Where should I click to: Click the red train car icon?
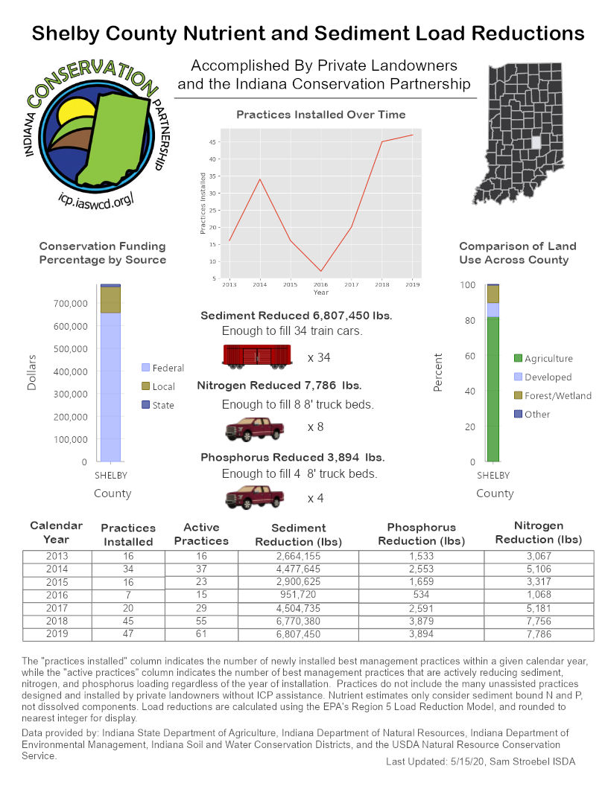coord(256,357)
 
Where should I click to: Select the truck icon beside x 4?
coord(255,496)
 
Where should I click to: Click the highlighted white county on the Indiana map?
coord(535,141)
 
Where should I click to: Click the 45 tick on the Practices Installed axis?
coord(213,141)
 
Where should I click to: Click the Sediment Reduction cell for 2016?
coord(298,595)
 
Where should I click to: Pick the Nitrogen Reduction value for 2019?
coord(538,634)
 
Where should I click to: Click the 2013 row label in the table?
coord(56,557)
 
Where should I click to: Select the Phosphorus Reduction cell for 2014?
coord(421,569)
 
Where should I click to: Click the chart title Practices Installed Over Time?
coord(320,115)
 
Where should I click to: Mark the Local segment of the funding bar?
coord(110,299)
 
